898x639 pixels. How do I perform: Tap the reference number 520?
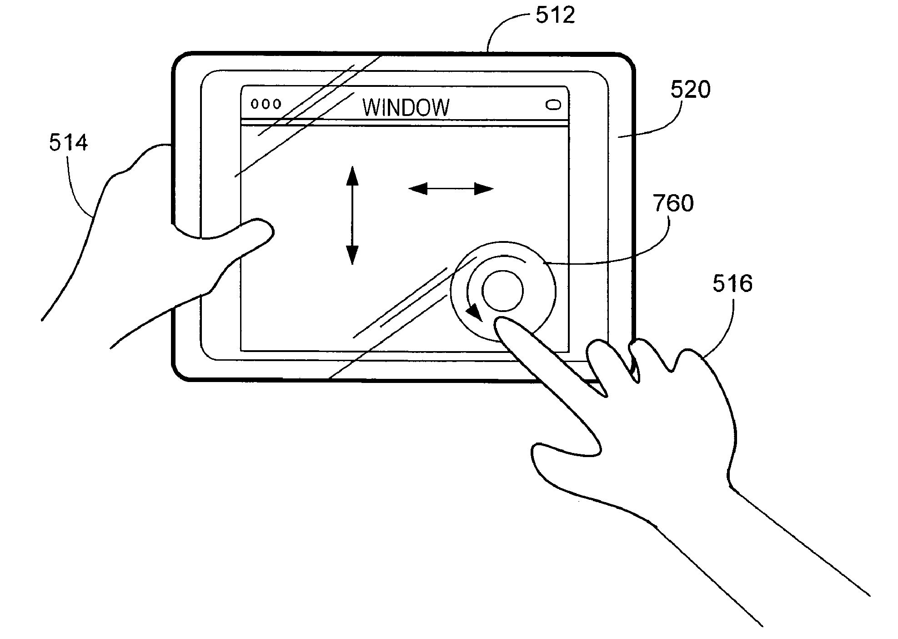tap(690, 90)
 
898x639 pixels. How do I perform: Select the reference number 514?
tap(68, 143)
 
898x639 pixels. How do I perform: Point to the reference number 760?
tap(673, 203)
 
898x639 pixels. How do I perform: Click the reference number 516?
tap(732, 284)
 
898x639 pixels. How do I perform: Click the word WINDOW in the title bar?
tap(406, 108)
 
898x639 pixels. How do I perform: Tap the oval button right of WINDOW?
tap(553, 106)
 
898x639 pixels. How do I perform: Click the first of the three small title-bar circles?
tap(255, 104)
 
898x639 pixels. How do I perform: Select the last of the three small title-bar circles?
tap(276, 104)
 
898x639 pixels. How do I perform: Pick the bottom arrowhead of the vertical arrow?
tap(352, 255)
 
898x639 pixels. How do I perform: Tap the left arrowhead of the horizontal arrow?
tap(418, 188)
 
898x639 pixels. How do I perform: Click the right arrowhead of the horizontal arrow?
tap(484, 188)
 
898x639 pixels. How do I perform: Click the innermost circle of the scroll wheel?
tap(502, 291)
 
